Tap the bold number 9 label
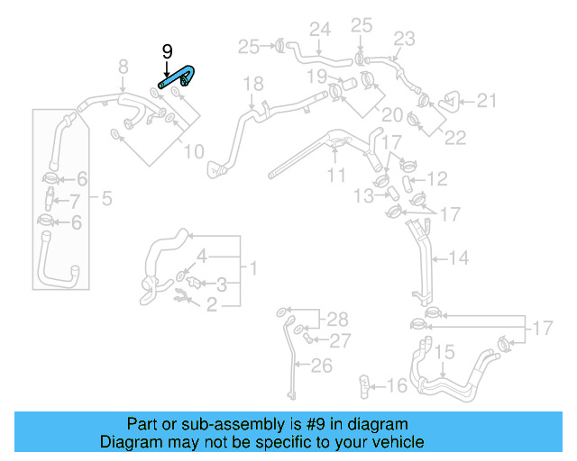pos(167,52)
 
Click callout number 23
pos(404,38)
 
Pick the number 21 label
pos(487,101)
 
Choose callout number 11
pos(336,175)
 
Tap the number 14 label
pos(459,258)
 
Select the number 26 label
pos(322,365)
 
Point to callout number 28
pos(336,320)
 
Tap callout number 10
pos(194,151)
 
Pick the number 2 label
pos(212,306)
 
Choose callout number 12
pos(436,179)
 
